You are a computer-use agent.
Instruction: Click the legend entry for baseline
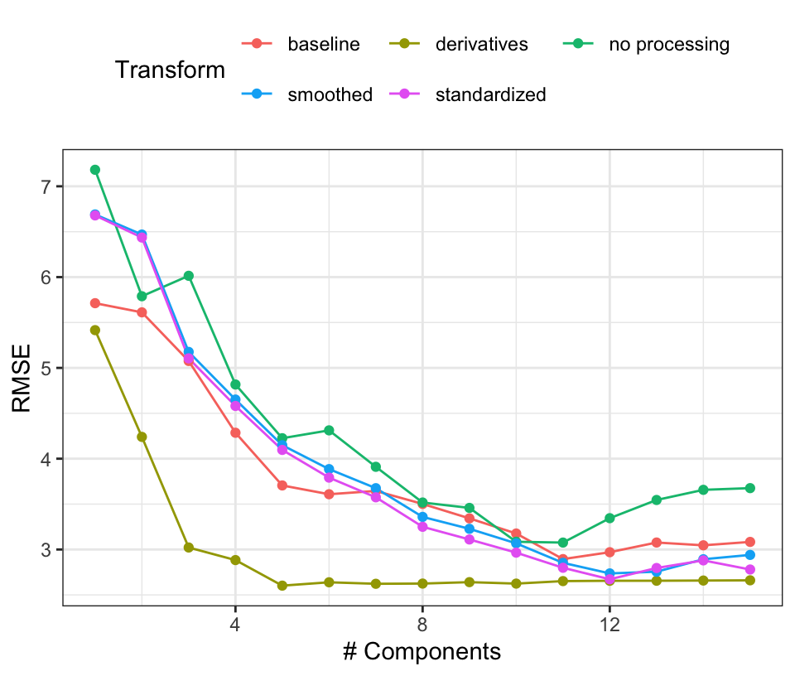(x=323, y=45)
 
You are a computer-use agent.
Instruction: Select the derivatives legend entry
(x=481, y=45)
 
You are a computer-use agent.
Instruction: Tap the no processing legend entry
(x=668, y=45)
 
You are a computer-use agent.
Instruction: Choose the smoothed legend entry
(x=330, y=94)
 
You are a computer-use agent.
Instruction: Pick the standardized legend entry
(x=490, y=94)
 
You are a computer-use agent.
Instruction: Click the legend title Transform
(x=170, y=70)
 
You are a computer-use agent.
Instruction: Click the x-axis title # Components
(x=422, y=652)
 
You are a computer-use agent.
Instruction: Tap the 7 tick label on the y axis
(x=46, y=186)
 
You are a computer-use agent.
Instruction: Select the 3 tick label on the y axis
(x=46, y=550)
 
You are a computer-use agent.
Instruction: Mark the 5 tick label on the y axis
(x=46, y=368)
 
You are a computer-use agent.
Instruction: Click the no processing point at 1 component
(x=95, y=170)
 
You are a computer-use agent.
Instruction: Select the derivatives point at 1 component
(x=95, y=330)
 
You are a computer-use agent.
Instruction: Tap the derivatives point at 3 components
(x=189, y=548)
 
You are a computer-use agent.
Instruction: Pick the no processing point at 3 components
(x=189, y=276)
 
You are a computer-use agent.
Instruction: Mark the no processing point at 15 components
(x=749, y=488)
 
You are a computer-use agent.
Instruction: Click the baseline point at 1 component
(x=95, y=303)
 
